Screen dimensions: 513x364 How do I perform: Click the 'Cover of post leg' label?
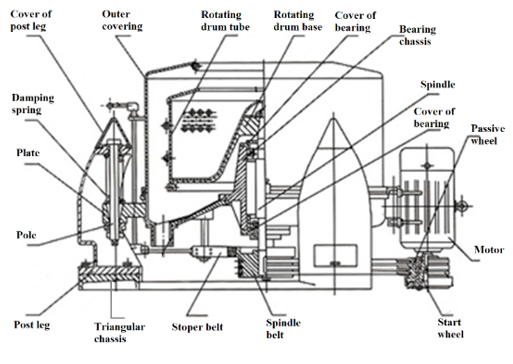coord(31,21)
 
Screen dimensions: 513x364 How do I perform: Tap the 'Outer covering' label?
coord(122,21)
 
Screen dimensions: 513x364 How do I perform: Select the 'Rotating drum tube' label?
coord(225,21)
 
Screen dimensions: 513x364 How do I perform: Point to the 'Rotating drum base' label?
coord(298,21)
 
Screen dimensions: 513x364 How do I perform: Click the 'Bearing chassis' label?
coord(417,35)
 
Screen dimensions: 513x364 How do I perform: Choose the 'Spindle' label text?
coord(437,85)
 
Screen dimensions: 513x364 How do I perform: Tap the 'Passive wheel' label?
coord(487,135)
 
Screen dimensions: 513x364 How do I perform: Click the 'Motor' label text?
coord(489,250)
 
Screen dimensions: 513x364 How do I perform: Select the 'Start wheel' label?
coord(451,328)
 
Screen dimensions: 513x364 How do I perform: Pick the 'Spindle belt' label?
coord(283,329)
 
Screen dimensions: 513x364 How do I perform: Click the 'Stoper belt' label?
coord(198,327)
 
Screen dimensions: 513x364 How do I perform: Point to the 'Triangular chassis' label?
coord(119,333)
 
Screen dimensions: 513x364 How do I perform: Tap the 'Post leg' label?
coord(31,325)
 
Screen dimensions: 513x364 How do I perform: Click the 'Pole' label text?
coord(26,235)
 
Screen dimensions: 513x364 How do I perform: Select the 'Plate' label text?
coord(28,153)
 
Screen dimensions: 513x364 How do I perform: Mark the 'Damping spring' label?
coord(33,104)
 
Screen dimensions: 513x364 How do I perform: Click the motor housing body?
coord(427,199)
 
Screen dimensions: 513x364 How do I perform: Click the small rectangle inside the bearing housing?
coord(335,255)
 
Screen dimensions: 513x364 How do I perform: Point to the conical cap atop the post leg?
coord(114,131)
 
